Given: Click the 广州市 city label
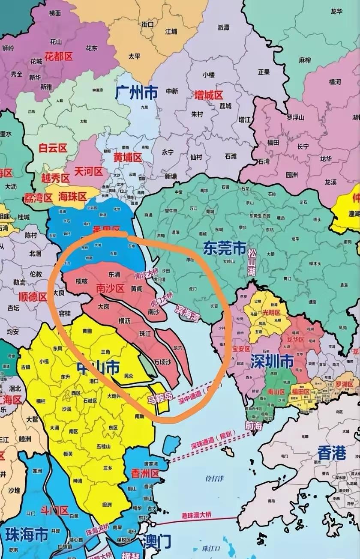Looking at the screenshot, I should [137, 92].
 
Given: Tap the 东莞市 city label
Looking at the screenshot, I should [224, 249].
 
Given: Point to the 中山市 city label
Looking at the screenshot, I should [98, 366].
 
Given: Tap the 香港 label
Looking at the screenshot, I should [331, 452].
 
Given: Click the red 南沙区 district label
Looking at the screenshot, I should [109, 288].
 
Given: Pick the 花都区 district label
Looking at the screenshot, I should [59, 56].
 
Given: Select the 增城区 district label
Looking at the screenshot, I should [209, 95].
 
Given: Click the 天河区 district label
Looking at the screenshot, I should [89, 172].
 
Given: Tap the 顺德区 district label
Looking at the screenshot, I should [33, 296].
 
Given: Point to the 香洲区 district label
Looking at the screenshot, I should [145, 473].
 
